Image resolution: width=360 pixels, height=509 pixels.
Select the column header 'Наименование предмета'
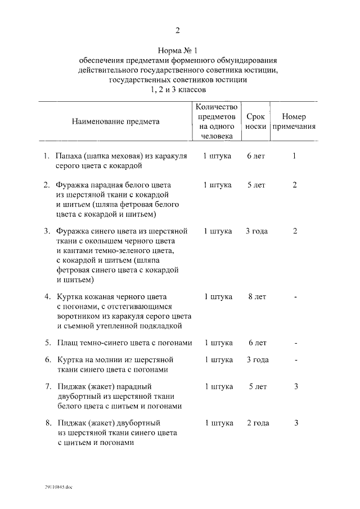coord(115,121)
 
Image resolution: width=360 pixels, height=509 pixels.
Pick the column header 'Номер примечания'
coord(294,121)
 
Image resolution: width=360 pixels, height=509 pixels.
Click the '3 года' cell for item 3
coord(256,231)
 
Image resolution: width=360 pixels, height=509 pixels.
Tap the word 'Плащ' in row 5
coord(66,343)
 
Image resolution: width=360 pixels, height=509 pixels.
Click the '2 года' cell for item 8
coord(257,422)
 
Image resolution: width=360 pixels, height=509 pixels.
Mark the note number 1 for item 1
coord(294,156)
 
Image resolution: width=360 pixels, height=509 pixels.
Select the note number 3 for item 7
coord(295,386)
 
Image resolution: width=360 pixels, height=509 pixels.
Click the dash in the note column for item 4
coord(295,297)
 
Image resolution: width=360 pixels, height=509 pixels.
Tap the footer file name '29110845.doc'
coord(60,488)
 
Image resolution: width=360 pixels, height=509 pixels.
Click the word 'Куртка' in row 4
coord(70,296)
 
